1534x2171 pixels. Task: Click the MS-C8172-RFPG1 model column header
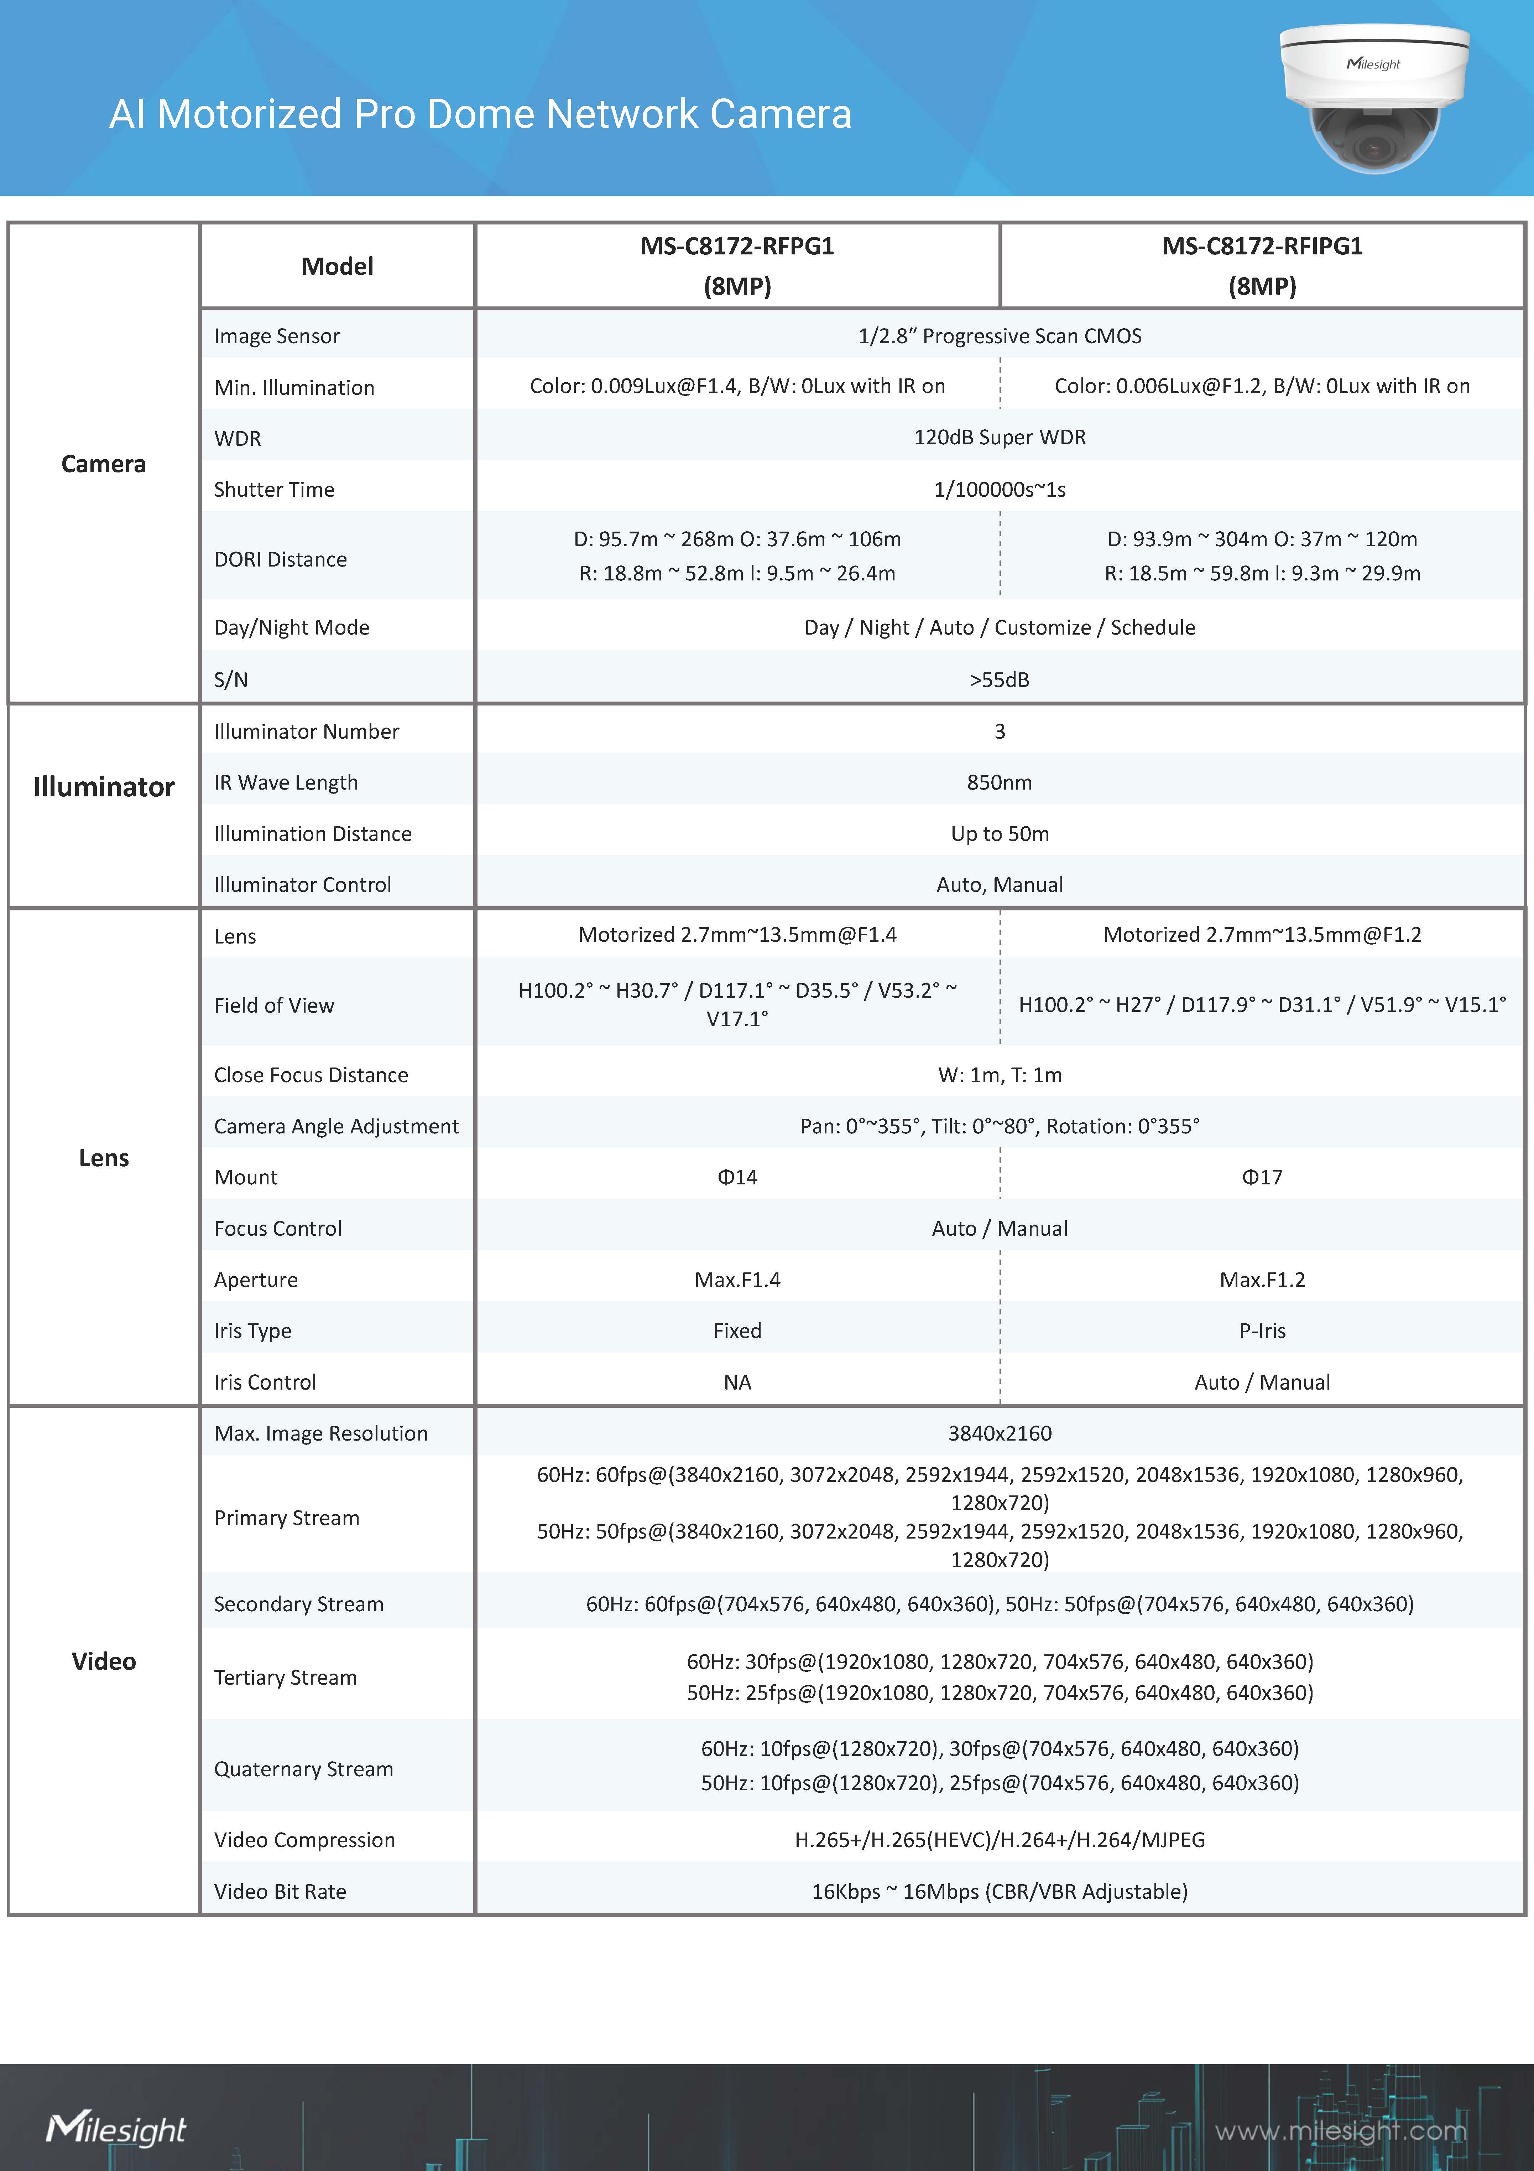(x=737, y=266)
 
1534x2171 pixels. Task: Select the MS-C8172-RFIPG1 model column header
(x=1262, y=266)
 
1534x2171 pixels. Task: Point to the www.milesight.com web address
(x=1340, y=2130)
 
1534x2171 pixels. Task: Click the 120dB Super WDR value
(x=999, y=437)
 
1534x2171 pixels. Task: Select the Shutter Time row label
(x=274, y=489)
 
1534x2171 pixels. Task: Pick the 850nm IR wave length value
(x=999, y=782)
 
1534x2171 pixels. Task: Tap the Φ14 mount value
(x=737, y=1177)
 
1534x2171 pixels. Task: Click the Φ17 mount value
(x=1262, y=1177)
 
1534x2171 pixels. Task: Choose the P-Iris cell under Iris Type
(x=1262, y=1330)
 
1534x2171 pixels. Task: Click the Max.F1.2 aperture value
(x=1262, y=1280)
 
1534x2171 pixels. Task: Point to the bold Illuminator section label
(x=104, y=787)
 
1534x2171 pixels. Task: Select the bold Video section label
(x=104, y=1661)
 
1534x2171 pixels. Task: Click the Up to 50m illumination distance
(x=999, y=833)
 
